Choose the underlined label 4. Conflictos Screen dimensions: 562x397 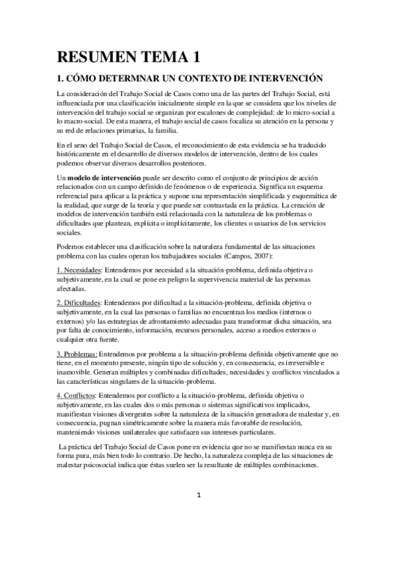click(78, 395)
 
